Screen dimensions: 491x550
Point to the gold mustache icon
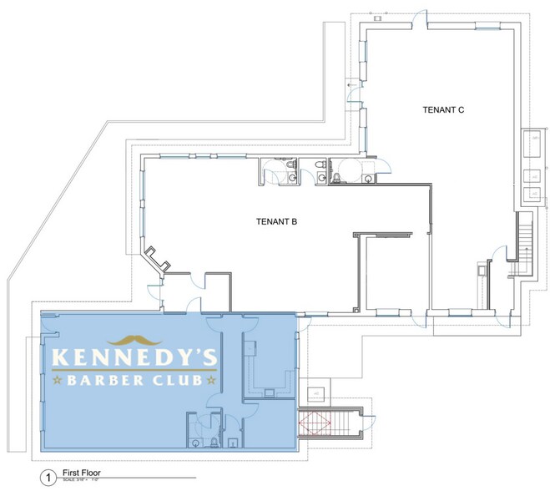[x=134, y=340]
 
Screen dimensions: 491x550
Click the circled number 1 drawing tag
[x=48, y=478]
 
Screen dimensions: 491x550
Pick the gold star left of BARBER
[x=58, y=381]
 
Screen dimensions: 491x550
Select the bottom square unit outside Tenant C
[x=532, y=195]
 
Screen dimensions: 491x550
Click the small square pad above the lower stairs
[x=315, y=391]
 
